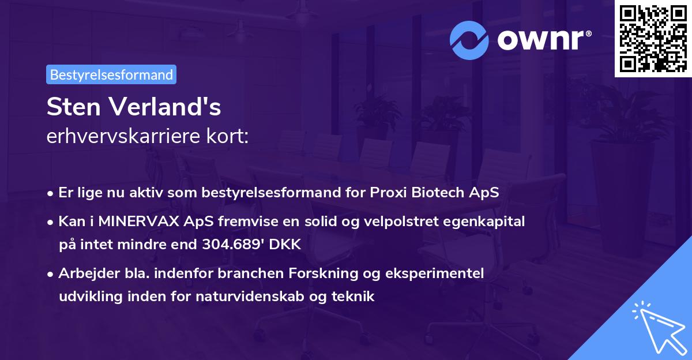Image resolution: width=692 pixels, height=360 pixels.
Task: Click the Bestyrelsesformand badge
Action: [x=111, y=74]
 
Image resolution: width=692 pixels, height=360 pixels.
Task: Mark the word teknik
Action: [x=357, y=297]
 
